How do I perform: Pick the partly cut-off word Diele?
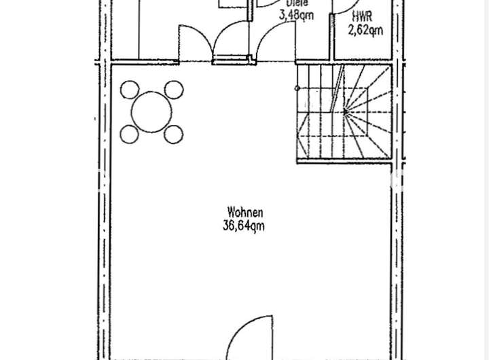pos(293,3)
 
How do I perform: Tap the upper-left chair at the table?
pos(129,90)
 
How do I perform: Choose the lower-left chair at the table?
pos(129,133)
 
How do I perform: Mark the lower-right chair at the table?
pos(175,134)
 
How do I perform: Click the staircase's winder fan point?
pos(346,111)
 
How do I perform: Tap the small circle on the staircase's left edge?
pos(297,88)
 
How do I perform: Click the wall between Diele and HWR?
pos(331,31)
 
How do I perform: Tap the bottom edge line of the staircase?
pos(343,162)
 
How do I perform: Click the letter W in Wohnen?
pos(232,213)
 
